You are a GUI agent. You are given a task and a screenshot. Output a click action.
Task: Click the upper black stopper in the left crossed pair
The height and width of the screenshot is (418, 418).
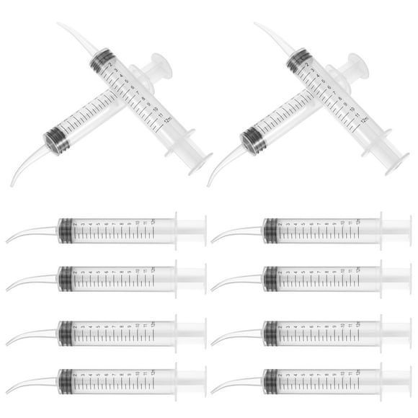coord(102,60)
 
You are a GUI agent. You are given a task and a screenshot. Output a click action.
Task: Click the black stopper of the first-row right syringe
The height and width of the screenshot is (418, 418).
coord(271,230)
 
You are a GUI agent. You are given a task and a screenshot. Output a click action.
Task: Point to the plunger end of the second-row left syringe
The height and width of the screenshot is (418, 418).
coord(191,277)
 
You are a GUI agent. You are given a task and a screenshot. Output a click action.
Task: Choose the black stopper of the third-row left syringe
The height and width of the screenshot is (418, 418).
coord(66,332)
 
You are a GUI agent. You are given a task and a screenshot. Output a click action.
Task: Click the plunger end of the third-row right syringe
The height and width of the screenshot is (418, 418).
coord(396,332)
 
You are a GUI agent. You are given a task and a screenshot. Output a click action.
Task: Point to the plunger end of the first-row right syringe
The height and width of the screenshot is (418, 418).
coord(396,230)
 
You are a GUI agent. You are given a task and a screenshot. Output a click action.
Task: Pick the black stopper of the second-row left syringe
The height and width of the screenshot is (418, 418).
coord(66,277)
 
